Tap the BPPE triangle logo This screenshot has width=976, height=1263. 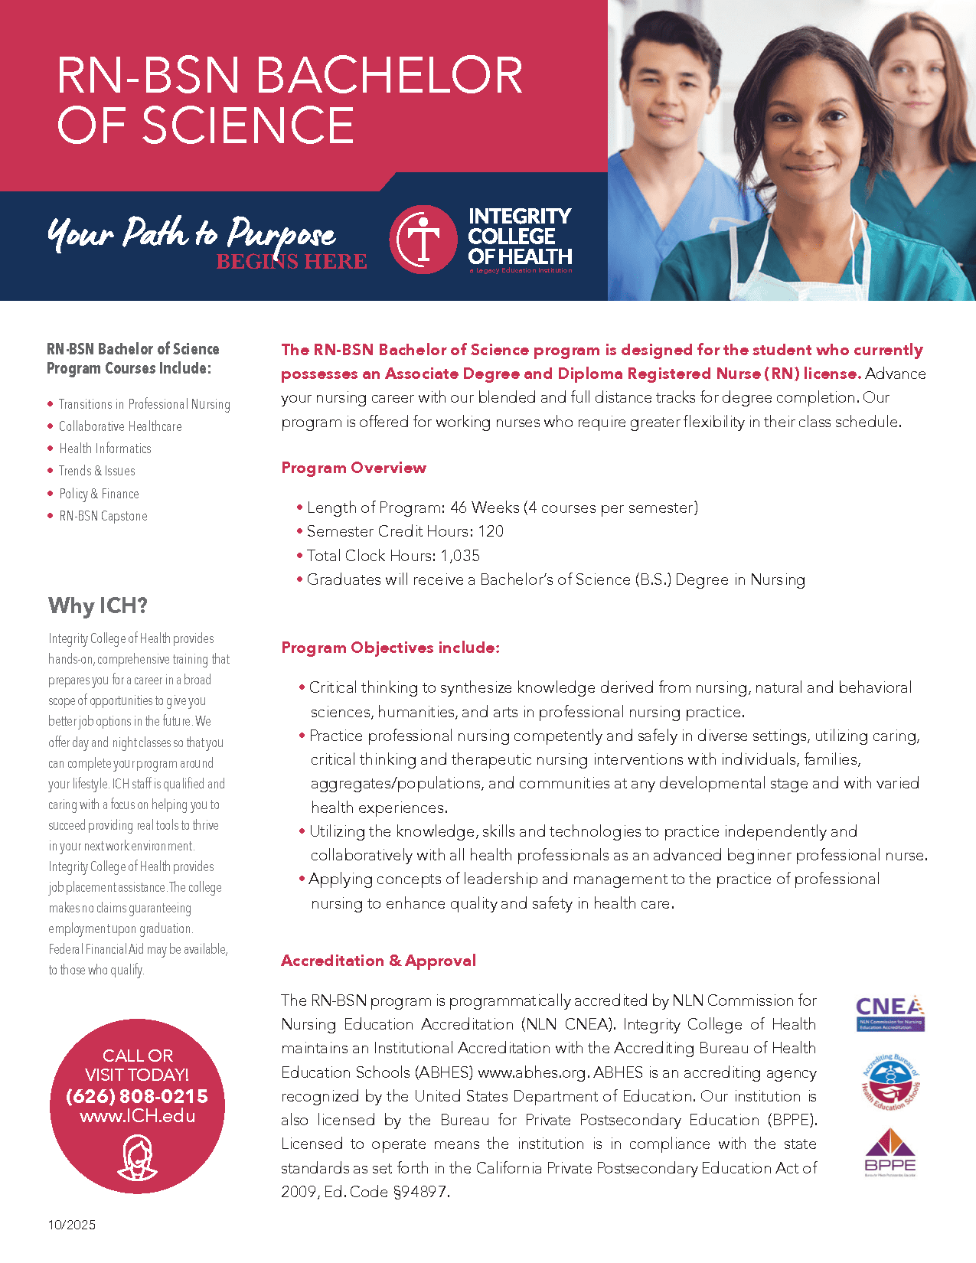(889, 1150)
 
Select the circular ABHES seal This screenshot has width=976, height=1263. (889, 1082)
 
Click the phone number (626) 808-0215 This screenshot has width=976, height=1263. (137, 1096)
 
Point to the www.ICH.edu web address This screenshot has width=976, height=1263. (137, 1116)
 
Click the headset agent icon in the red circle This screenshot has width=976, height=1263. (137, 1157)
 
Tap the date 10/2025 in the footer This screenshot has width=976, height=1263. (72, 1225)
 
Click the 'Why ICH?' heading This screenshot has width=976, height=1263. (98, 606)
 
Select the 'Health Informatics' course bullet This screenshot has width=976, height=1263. (105, 449)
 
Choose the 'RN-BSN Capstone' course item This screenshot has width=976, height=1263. (103, 516)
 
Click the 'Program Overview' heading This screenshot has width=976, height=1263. (354, 468)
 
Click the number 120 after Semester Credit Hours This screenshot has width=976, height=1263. (491, 531)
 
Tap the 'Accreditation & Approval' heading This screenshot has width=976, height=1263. (378, 961)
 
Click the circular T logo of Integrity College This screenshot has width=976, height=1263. (423, 240)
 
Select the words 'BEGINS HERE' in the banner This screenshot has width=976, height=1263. (291, 262)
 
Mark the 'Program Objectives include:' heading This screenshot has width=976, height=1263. (390, 648)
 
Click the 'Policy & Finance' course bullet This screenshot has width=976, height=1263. (99, 494)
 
